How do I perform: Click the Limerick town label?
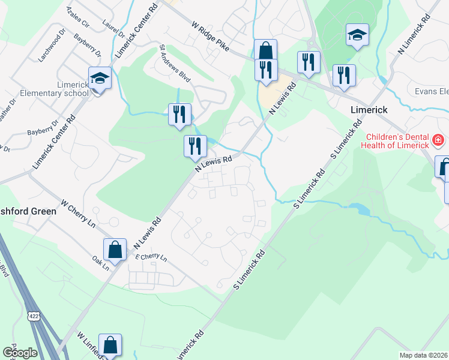[369, 110]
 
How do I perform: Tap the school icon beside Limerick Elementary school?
[100, 78]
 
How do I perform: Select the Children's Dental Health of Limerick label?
[395, 140]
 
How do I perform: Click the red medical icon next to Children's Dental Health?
[438, 141]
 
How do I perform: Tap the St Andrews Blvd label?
[175, 63]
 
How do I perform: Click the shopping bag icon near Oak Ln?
[115, 249]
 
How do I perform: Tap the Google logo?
[20, 352]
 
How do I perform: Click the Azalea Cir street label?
[77, 19]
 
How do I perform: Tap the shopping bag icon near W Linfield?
[110, 345]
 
